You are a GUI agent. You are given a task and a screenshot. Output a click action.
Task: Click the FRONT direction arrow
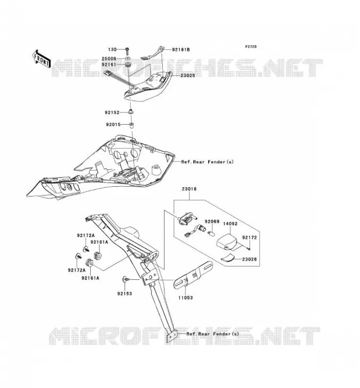(41, 59)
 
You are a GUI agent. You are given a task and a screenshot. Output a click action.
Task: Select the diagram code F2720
(251, 47)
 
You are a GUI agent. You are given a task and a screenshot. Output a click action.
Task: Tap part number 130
(113, 49)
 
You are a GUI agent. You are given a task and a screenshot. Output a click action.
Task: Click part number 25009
(109, 59)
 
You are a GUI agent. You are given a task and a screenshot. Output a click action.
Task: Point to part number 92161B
(181, 49)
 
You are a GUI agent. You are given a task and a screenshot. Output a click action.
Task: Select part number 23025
(188, 76)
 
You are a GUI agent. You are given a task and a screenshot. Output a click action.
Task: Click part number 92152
(112, 113)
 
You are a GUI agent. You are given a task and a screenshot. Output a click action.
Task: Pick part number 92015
(114, 125)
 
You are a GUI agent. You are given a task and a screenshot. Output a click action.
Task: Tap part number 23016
(189, 189)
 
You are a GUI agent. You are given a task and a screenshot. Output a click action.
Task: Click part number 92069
(212, 222)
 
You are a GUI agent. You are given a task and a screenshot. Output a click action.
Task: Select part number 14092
(230, 224)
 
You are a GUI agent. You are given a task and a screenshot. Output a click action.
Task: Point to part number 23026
(249, 259)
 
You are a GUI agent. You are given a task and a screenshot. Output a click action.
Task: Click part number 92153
(125, 294)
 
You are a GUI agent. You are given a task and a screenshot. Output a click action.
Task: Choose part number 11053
(185, 298)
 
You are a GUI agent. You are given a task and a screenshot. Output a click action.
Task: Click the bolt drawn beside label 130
(127, 51)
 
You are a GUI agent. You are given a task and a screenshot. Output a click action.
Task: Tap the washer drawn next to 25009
(127, 59)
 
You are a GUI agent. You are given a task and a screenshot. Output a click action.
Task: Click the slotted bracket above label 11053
(194, 275)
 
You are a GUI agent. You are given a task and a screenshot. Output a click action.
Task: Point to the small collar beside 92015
(131, 125)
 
